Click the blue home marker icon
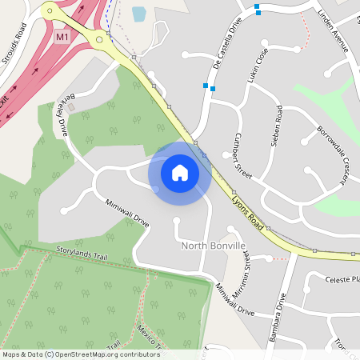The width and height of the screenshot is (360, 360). tap(180, 172)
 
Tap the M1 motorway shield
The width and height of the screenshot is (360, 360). tap(62, 37)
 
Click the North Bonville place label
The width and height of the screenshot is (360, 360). tap(214, 246)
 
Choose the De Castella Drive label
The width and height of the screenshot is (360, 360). tap(224, 44)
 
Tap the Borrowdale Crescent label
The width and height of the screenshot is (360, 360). tap(330, 142)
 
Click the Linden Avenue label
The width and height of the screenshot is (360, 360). tap(334, 33)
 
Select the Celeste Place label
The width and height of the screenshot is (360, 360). tap(342, 280)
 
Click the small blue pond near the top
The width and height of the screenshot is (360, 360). tap(138, 14)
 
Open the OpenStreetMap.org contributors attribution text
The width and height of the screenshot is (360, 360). tap(106, 354)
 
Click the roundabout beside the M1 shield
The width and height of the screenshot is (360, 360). tap(99, 38)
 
